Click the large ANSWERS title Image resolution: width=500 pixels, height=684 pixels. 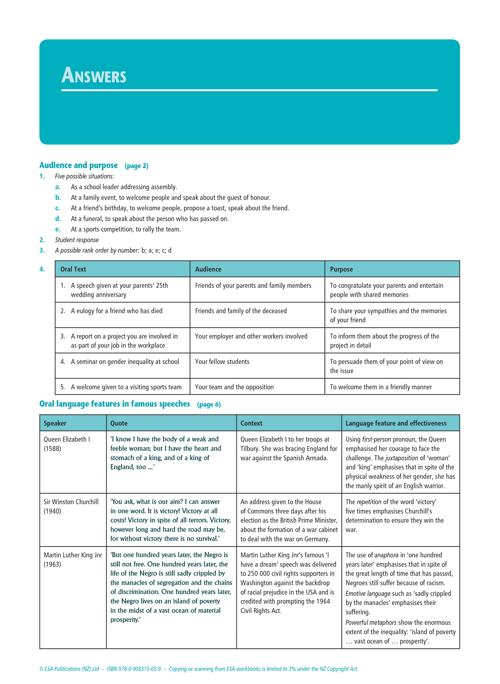(94, 75)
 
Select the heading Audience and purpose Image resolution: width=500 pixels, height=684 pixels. (79, 165)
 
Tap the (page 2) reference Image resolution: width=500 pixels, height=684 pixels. (136, 166)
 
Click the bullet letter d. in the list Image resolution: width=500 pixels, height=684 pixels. (58, 219)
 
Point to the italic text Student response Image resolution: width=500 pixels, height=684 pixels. (77, 240)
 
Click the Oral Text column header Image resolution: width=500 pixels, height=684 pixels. (73, 269)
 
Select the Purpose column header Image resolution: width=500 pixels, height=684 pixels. (341, 269)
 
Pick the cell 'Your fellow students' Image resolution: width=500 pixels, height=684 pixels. (222, 362)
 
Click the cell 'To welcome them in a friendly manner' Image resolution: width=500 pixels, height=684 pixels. (381, 387)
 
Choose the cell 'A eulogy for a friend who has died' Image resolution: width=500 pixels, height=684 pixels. (117, 311)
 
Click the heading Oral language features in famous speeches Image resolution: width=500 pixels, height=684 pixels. (115, 404)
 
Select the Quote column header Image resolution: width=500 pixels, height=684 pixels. (119, 423)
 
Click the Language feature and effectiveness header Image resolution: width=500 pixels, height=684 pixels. (396, 423)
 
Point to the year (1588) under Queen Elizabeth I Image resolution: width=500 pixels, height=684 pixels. (52, 448)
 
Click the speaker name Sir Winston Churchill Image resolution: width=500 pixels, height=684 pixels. (71, 502)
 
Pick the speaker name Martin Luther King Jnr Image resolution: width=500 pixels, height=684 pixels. (73, 555)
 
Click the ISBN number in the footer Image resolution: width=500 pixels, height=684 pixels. (134, 669)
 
